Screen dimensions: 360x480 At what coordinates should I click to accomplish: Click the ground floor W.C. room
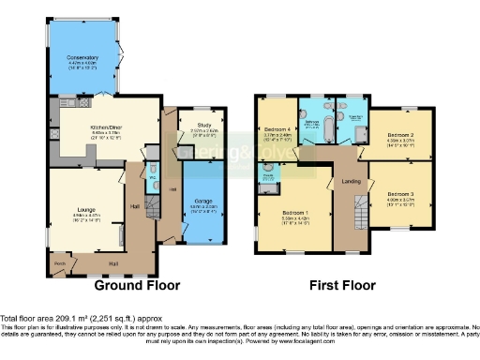tap(152, 174)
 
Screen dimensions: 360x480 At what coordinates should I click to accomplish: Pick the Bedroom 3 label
tap(399, 194)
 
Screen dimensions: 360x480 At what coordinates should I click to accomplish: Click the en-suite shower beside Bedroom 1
tap(269, 178)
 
